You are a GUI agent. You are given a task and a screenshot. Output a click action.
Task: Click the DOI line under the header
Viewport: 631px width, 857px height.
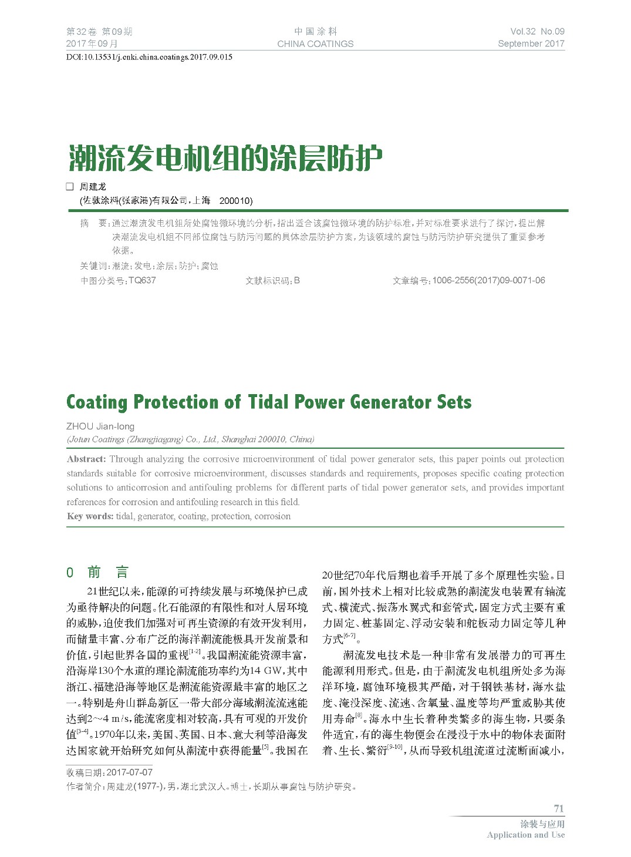(x=149, y=57)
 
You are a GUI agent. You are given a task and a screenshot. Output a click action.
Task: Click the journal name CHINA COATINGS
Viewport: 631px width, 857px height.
(x=315, y=43)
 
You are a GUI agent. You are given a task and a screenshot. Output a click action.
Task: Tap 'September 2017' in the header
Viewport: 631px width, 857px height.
(x=531, y=43)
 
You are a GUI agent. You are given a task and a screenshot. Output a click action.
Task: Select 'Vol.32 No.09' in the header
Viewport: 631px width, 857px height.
(x=537, y=32)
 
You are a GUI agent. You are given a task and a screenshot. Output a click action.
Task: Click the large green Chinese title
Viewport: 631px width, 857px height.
(x=225, y=158)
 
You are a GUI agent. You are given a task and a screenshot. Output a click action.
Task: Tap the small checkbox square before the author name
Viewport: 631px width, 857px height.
(x=70, y=187)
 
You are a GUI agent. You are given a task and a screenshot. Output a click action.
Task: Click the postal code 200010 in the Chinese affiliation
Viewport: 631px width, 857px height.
(x=235, y=201)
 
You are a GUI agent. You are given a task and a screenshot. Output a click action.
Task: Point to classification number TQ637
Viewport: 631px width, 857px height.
(x=142, y=281)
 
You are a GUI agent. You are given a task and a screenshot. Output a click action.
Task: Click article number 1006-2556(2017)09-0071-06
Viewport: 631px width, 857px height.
(x=488, y=281)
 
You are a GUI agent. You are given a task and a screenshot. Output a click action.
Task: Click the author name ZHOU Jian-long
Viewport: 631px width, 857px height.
(x=100, y=426)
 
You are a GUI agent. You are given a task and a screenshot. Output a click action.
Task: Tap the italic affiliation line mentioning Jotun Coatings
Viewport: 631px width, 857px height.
(x=190, y=439)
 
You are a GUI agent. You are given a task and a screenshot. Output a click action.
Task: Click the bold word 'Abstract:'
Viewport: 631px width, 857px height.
(x=86, y=459)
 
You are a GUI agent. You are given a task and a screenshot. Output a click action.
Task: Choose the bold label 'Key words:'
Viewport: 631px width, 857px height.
(x=90, y=516)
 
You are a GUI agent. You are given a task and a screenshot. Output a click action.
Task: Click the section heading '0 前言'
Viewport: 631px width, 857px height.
(x=97, y=572)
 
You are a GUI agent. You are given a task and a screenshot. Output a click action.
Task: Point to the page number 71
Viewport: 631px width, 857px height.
(x=558, y=808)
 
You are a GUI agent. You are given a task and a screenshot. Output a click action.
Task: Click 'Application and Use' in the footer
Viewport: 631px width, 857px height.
(x=525, y=835)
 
